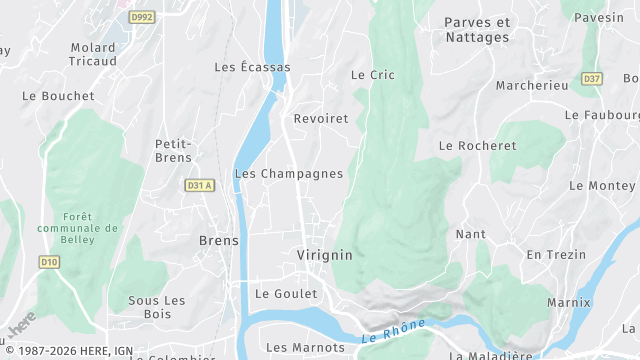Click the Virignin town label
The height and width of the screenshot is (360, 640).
[x=324, y=255]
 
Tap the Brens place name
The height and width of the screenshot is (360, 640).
[x=218, y=241]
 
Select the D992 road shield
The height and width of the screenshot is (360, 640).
[x=143, y=17]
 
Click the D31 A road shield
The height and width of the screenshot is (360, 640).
[x=200, y=185]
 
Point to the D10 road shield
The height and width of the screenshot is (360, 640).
[x=49, y=262]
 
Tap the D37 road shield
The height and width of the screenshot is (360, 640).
[x=592, y=78]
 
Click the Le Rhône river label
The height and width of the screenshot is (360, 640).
[x=394, y=331]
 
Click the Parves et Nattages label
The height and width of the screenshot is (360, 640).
[x=477, y=30]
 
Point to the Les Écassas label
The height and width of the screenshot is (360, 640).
[x=252, y=67]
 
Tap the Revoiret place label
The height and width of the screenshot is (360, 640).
[x=321, y=119]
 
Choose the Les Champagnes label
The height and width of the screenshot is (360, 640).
[x=288, y=173]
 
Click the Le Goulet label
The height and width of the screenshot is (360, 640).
[x=286, y=294]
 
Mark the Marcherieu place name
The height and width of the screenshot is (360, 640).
[x=531, y=86]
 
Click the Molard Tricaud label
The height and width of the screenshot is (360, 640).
[x=93, y=54]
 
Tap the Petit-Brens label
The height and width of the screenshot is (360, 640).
[x=173, y=150]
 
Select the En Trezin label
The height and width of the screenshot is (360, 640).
[x=556, y=255]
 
